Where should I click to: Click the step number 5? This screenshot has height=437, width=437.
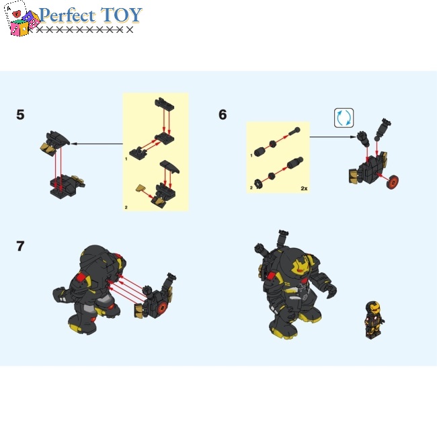pyautogui.click(x=20, y=115)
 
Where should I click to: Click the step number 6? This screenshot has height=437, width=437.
pyautogui.click(x=223, y=115)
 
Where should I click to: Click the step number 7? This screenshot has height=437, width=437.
pyautogui.click(x=20, y=246)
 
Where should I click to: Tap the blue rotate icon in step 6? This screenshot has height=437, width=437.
pyautogui.click(x=344, y=118)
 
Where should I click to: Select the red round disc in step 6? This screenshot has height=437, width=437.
pyautogui.click(x=394, y=181)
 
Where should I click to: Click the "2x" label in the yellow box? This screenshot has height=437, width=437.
pyautogui.click(x=303, y=188)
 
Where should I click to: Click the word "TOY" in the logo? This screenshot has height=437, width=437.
pyautogui.click(x=122, y=15)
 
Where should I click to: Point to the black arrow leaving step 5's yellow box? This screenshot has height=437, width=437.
pyautogui.click(x=97, y=143)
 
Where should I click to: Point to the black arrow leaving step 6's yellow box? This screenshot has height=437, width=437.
pyautogui.click(x=333, y=137)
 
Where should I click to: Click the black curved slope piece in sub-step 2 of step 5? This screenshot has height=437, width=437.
pyautogui.click(x=168, y=167)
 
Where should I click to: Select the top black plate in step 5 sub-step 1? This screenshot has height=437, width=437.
pyautogui.click(x=165, y=104)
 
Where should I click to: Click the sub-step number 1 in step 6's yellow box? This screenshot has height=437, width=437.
pyautogui.click(x=251, y=155)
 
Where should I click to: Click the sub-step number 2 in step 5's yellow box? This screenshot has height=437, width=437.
pyautogui.click(x=126, y=208)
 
